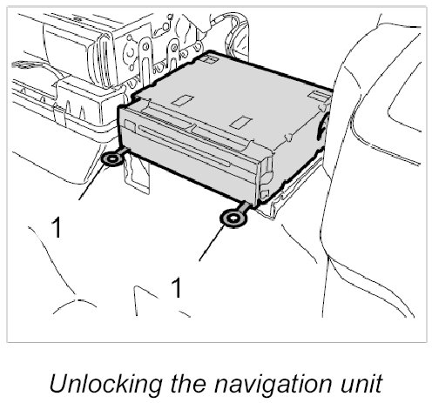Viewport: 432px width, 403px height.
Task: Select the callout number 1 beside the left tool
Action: pyautogui.click(x=57, y=228)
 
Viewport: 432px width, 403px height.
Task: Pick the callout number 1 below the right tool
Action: pyautogui.click(x=176, y=287)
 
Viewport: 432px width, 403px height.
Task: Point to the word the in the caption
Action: pyautogui.click(x=187, y=384)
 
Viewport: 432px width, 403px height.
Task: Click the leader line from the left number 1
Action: pyautogui.click(x=91, y=181)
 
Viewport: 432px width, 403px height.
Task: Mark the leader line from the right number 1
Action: pyautogui.click(x=212, y=242)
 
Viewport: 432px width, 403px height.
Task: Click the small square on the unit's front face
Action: pyautogui.click(x=130, y=125)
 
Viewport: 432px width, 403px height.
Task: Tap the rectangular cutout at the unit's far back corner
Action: pyautogui.click(x=209, y=59)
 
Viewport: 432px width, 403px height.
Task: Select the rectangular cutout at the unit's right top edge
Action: pyautogui.click(x=320, y=96)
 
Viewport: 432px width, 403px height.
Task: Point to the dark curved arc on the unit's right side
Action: pyautogui.click(x=321, y=128)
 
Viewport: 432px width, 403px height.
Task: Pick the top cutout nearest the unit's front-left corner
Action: pyautogui.click(x=183, y=100)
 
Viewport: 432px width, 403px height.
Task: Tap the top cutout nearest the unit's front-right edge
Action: pyautogui.click(x=241, y=122)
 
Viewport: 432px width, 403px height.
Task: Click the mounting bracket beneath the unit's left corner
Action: pyautogui.click(x=137, y=173)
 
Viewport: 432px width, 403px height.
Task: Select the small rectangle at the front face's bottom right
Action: pyautogui.click(x=265, y=194)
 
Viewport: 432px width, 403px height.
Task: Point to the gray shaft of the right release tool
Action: pyautogui.click(x=244, y=207)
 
